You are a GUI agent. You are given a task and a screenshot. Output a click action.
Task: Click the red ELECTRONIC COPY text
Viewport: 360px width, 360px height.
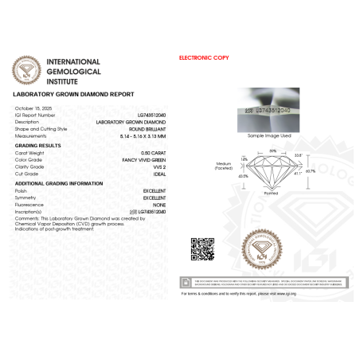pos(205,59)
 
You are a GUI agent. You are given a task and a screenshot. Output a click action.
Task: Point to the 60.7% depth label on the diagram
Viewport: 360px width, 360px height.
pos(310,170)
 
